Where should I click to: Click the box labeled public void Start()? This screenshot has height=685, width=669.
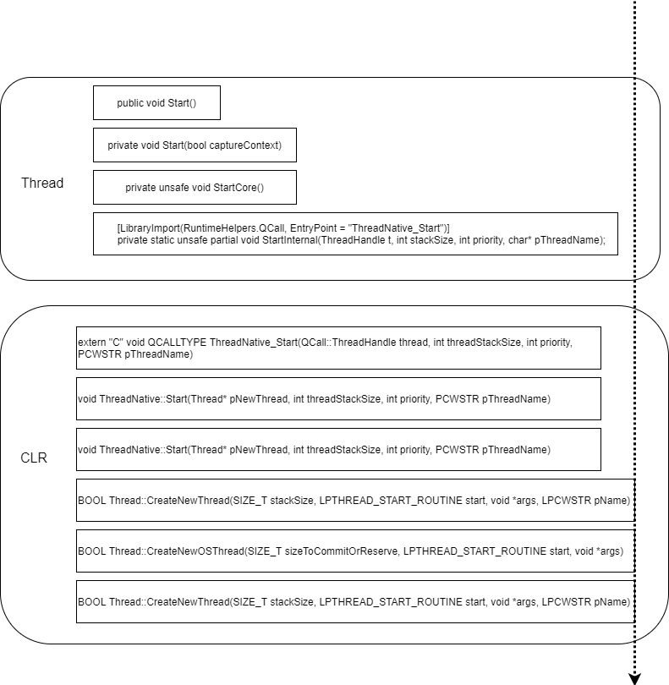[156, 102]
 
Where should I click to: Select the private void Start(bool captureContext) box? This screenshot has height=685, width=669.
[195, 145]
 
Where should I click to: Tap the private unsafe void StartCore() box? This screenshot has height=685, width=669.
[195, 187]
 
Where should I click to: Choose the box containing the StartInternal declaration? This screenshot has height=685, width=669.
[355, 233]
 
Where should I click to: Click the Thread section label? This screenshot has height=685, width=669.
[42, 183]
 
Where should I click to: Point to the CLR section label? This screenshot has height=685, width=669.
[34, 458]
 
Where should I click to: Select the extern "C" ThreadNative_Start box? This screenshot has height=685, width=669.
[338, 348]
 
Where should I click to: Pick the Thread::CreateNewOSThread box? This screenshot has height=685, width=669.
[355, 551]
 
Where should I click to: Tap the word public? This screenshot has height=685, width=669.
[130, 102]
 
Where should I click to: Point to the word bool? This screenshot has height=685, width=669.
[197, 145]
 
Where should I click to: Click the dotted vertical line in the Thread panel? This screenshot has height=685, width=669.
[634, 178]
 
